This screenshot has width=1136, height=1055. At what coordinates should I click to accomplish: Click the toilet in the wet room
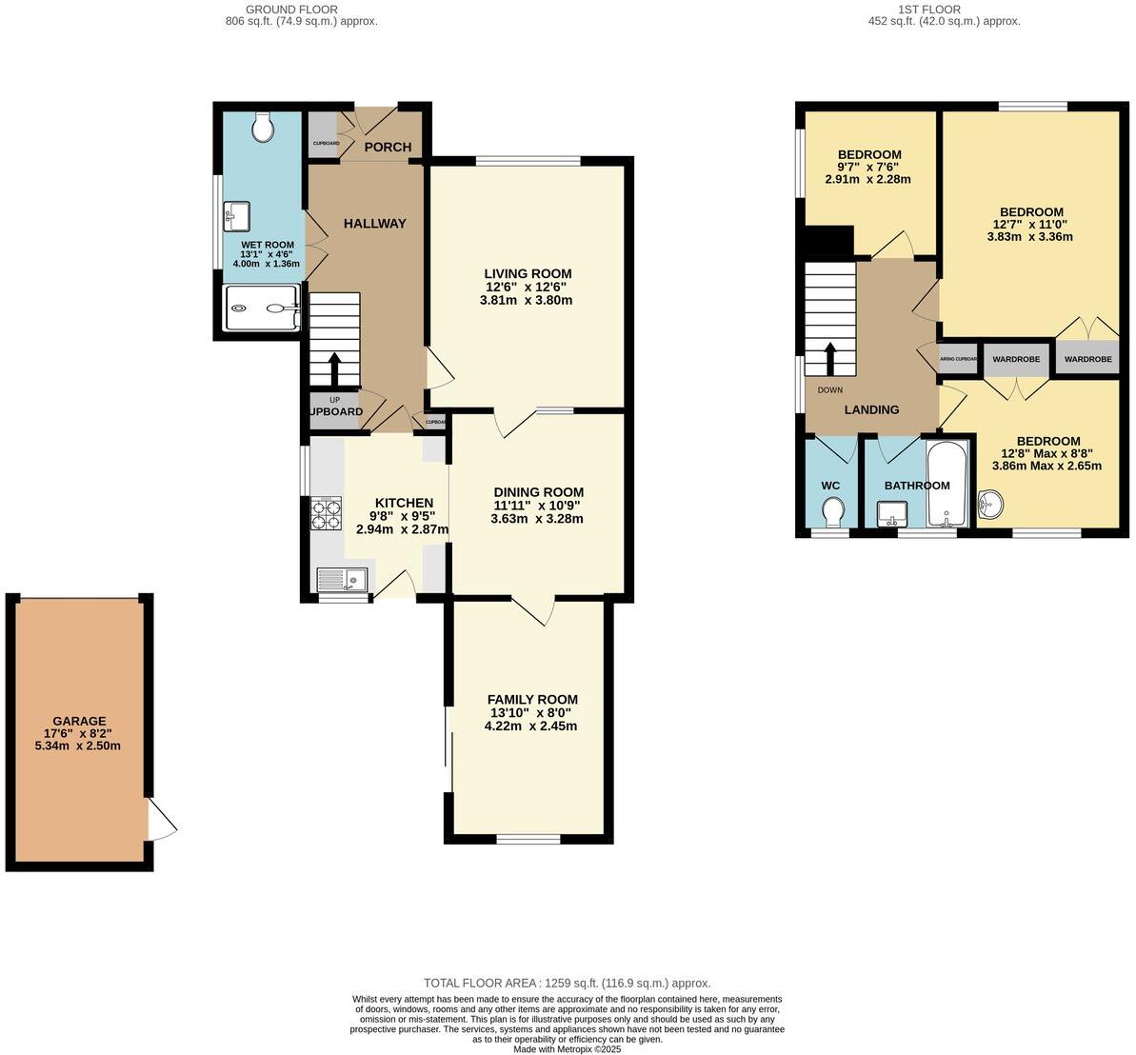263,127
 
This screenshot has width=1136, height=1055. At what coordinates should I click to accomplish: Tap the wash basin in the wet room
236,216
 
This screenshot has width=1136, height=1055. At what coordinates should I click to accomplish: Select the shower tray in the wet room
262,308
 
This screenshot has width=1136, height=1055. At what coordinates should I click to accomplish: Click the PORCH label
388,147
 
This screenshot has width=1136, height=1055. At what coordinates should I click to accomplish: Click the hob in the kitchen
326,514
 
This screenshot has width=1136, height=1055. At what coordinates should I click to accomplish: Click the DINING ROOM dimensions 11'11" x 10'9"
536,506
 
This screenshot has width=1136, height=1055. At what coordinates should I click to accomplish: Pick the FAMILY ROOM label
532,699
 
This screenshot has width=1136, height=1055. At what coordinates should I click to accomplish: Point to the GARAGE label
79,721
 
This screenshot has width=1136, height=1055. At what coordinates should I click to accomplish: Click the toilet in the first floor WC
833,511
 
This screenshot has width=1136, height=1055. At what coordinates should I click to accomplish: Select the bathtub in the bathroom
947,484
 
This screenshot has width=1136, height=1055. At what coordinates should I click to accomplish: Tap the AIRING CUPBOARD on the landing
958,359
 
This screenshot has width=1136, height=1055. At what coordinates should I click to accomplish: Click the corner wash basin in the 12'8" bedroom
990,503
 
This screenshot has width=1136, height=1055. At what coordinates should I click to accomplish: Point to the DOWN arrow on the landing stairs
828,359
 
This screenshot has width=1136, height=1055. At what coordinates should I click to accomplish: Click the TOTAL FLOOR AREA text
567,983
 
